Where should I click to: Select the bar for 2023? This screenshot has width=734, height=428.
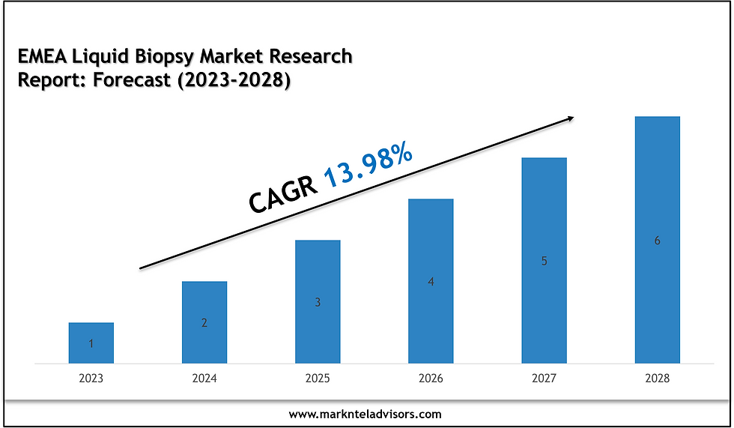click(91, 343)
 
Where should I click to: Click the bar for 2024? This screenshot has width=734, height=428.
click(204, 322)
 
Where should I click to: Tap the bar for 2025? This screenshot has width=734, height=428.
click(318, 301)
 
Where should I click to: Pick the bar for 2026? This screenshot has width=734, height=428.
click(431, 281)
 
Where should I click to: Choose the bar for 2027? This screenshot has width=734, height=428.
click(545, 260)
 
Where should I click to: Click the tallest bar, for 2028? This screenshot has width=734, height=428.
click(657, 240)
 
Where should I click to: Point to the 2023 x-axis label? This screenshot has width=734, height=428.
click(91, 379)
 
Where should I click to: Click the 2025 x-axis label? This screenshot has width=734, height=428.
click(318, 379)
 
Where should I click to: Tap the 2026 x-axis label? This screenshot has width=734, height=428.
click(431, 379)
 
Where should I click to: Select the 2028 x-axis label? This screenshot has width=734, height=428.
click(657, 379)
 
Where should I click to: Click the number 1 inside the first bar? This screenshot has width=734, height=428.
click(91, 344)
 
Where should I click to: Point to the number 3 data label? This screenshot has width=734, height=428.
click(318, 303)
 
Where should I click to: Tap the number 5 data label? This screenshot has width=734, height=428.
click(545, 262)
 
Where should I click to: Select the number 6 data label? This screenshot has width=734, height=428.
click(657, 241)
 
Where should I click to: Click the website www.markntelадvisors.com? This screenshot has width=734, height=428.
click(365, 414)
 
